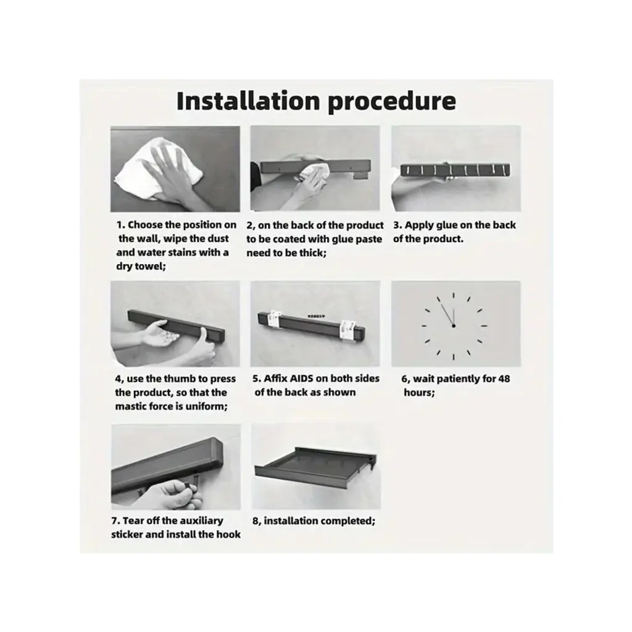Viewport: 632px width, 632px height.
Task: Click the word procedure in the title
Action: point(392,102)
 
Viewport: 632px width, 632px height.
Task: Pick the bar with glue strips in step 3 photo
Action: point(455,170)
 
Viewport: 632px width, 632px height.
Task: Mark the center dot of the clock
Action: point(454,325)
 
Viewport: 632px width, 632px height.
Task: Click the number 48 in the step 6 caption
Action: point(504,379)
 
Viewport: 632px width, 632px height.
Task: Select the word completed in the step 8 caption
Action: point(351,521)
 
